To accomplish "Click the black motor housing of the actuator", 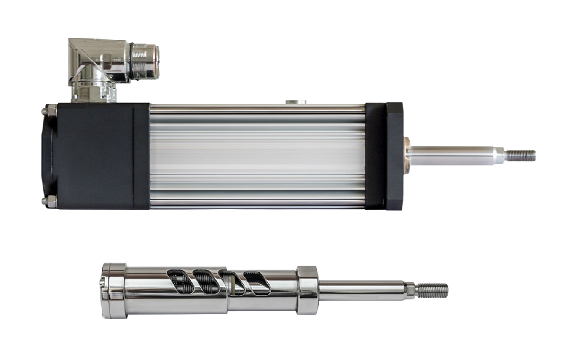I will point(95,156).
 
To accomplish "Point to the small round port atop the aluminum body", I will point(296,102).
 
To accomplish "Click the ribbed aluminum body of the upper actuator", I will point(257,156).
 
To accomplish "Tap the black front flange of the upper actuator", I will point(394,156).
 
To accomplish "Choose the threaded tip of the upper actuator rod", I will point(522,155).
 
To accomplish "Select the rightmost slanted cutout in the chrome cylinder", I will point(255,284).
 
